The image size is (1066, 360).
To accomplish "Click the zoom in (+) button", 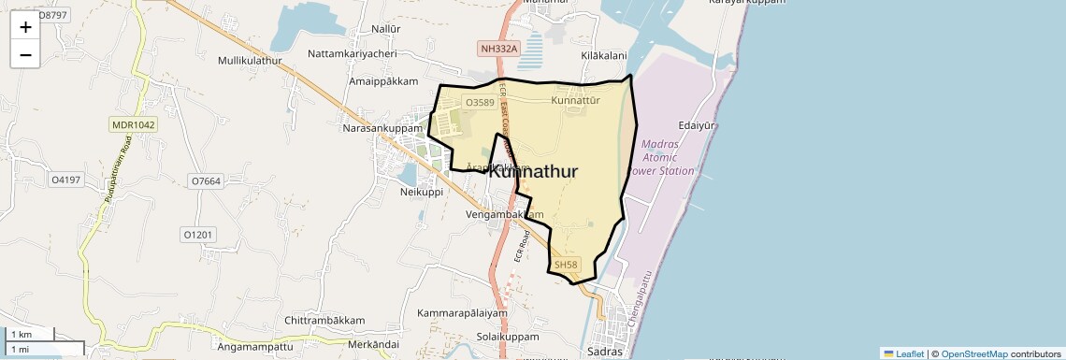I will [x=25, y=27].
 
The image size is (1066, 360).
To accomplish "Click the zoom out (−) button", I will [x=25, y=54].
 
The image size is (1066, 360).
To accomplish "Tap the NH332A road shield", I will [x=497, y=48].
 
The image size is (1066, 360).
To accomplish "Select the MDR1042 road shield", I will [x=134, y=124].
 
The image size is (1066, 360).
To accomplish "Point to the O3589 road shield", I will [x=480, y=102].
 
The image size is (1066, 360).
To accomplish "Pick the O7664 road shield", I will [x=205, y=180].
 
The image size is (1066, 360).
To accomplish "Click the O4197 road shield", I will [x=65, y=179].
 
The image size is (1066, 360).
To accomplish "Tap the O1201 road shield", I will [x=198, y=234].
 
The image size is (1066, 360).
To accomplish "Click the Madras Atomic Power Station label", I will [x=669, y=157].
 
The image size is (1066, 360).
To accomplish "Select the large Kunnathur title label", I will [x=533, y=172].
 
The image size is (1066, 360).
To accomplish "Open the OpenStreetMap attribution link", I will [x=973, y=353].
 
